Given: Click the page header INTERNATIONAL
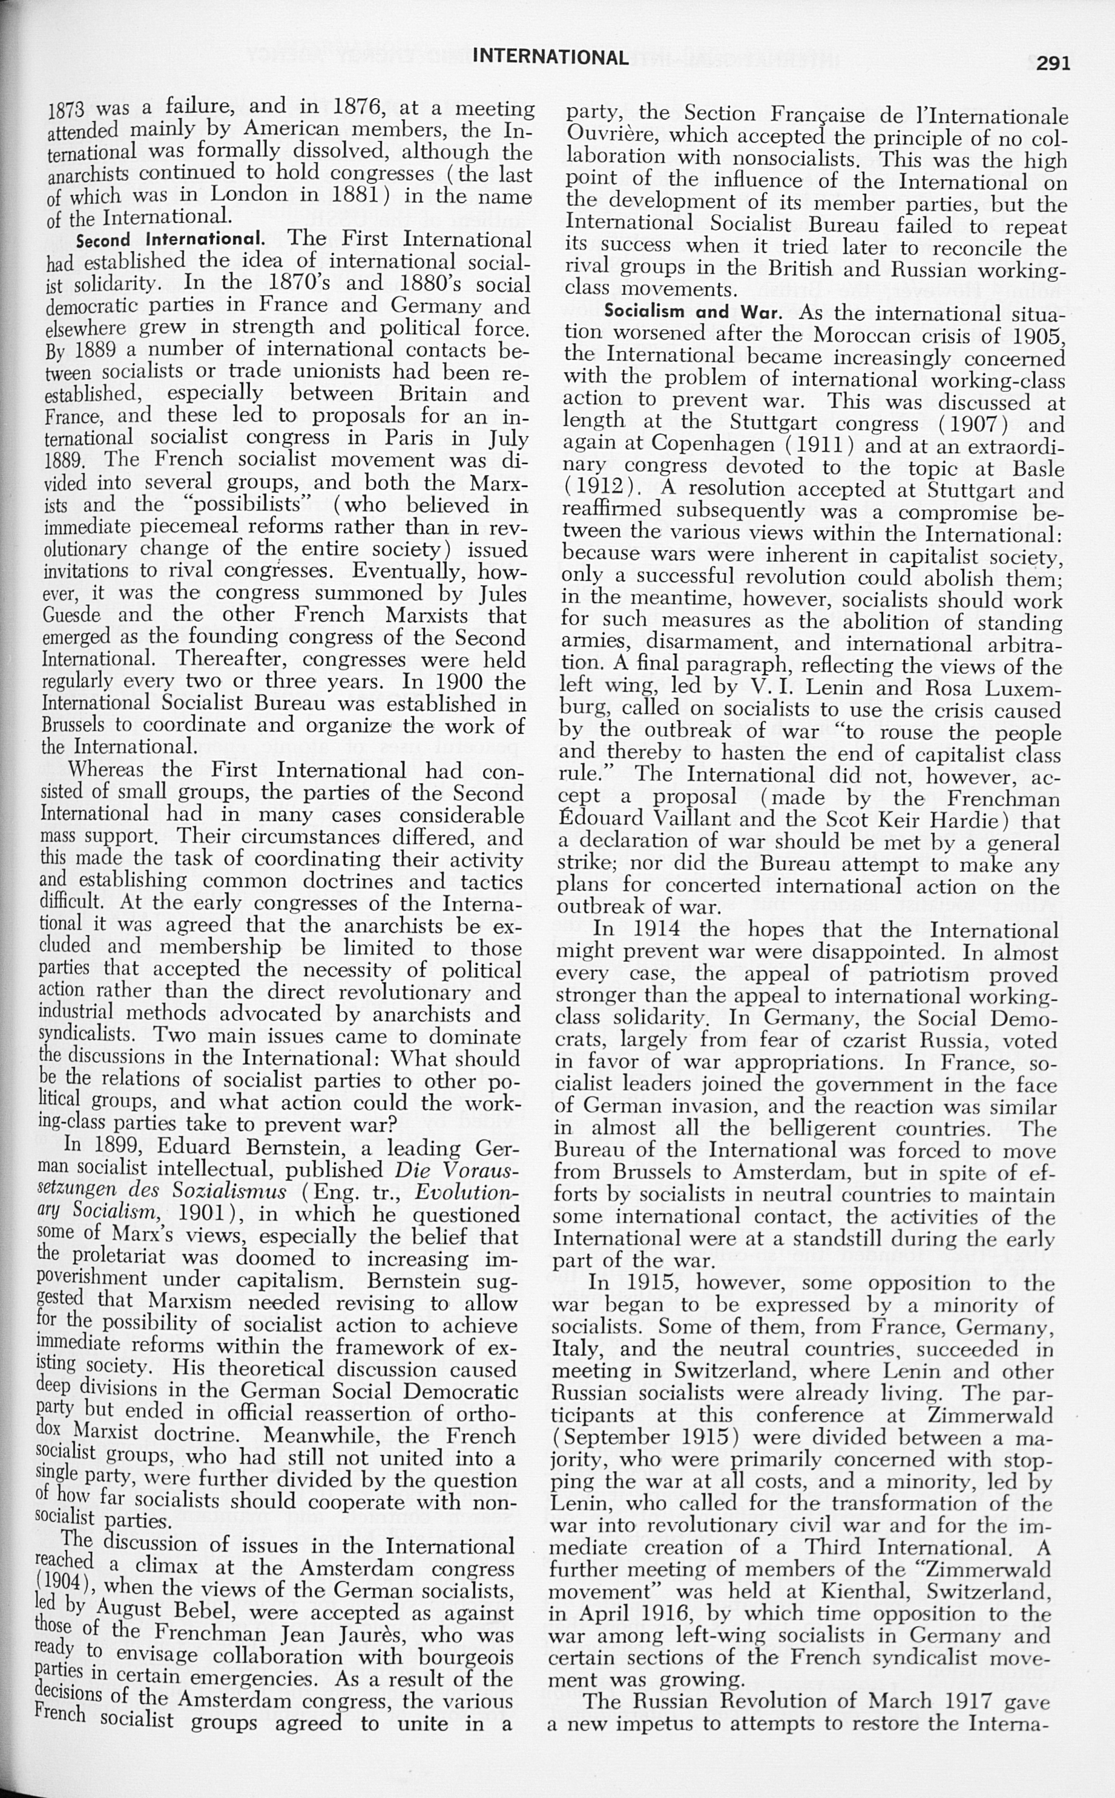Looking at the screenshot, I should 550,57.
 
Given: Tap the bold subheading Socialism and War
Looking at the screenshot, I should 692,312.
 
